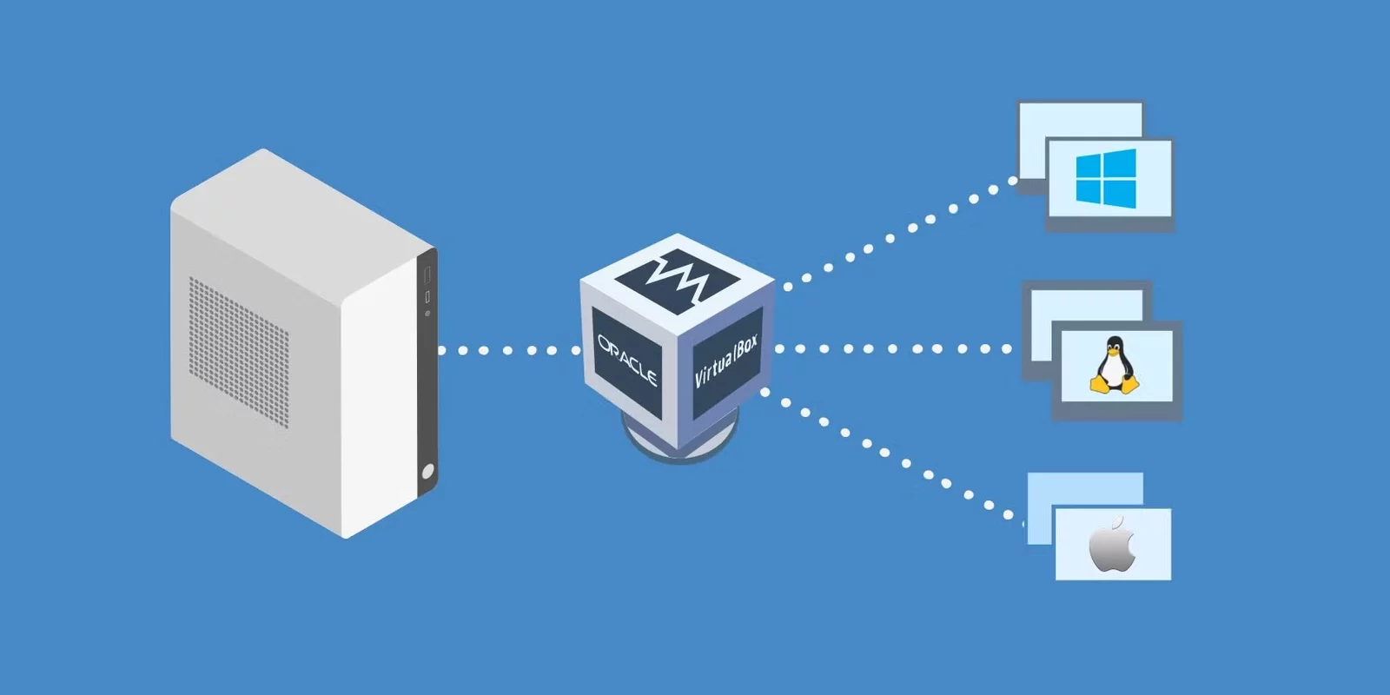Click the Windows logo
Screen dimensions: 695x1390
pos(1106,177)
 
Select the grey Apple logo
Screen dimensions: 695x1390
pos(1112,545)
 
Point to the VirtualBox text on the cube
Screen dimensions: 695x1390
pos(726,361)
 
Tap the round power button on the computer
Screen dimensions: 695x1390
pos(427,472)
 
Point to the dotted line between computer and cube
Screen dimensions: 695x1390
pos(508,351)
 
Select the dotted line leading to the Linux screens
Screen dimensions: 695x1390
pos(895,349)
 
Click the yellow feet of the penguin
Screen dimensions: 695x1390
pos(1115,387)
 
